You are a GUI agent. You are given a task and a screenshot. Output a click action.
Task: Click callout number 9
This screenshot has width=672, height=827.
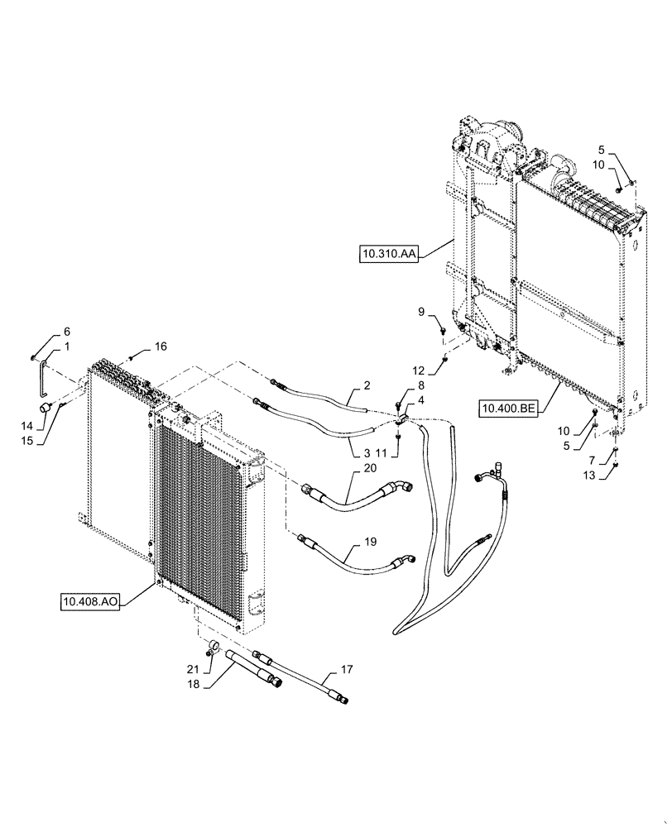(420, 313)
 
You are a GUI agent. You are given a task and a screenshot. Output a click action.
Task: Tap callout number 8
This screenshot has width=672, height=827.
(398, 385)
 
